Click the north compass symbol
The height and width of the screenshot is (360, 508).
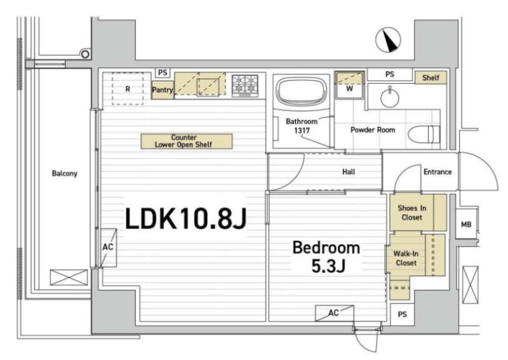(x=388, y=40)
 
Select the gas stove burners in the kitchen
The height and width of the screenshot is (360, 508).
(x=245, y=86)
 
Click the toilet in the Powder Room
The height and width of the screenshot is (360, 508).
(x=424, y=134)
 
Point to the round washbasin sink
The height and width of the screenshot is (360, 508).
(x=390, y=97)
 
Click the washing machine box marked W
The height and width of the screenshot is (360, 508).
(x=349, y=85)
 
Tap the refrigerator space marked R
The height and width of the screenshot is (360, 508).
(x=128, y=88)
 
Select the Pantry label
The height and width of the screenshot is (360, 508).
(x=163, y=90)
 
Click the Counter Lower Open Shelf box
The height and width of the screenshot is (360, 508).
(x=187, y=142)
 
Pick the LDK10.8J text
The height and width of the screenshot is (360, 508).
(x=186, y=218)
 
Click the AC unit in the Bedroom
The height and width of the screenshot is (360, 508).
(x=335, y=312)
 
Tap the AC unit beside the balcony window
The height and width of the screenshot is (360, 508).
(x=108, y=248)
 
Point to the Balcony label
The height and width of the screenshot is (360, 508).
(x=65, y=173)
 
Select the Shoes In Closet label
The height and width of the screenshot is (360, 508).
(x=411, y=213)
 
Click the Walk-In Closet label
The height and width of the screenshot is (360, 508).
(x=406, y=258)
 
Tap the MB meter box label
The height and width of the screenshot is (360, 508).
(x=466, y=224)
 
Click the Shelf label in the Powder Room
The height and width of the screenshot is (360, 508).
(x=431, y=77)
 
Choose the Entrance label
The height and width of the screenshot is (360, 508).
(x=438, y=171)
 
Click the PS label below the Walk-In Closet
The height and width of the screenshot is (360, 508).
(x=402, y=314)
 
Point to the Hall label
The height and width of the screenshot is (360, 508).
(x=349, y=171)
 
